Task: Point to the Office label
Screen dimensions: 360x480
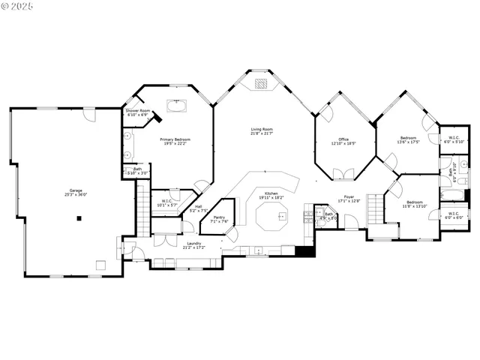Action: click(343, 141)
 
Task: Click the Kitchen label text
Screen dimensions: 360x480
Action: click(271, 196)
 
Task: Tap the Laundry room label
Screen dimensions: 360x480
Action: click(193, 244)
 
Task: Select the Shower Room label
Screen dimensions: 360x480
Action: click(138, 113)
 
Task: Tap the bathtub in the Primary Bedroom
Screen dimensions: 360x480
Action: click(178, 106)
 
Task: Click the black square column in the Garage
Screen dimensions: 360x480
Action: click(79, 218)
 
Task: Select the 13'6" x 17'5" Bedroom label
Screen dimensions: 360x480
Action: click(408, 139)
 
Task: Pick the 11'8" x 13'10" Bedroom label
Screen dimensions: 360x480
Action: click(415, 203)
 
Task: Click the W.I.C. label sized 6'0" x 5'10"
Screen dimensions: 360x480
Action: click(454, 139)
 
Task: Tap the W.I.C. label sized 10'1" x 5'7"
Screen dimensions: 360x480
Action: click(167, 202)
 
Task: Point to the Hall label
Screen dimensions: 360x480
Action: click(199, 208)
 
